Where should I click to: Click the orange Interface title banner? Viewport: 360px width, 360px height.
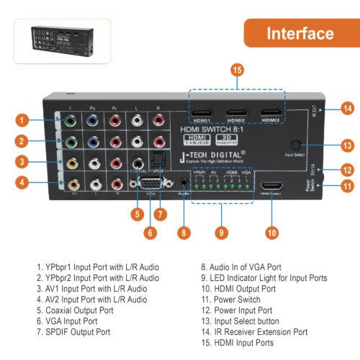[300, 33]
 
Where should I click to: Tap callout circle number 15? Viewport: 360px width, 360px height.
[235, 70]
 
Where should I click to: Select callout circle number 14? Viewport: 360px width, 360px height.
[348, 108]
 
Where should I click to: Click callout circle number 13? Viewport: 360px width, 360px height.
[348, 145]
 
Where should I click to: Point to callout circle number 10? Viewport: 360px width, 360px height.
[271, 232]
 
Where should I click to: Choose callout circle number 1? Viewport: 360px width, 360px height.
[23, 120]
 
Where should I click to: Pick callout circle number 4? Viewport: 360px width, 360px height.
[23, 182]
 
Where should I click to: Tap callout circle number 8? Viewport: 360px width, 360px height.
[184, 232]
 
